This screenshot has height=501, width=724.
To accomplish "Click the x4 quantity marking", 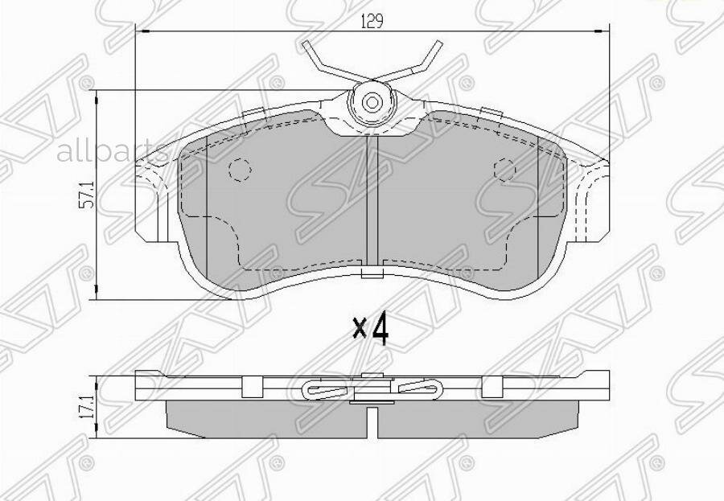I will [371, 328].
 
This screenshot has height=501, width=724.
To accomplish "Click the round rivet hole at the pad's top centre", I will [372, 102].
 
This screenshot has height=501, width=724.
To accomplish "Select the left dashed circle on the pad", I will [241, 169].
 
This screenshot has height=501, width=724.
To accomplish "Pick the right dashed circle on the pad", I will [504, 169].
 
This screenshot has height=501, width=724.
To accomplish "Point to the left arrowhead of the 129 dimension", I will [140, 31].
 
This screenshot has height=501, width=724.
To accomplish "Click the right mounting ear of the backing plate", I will [592, 197].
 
